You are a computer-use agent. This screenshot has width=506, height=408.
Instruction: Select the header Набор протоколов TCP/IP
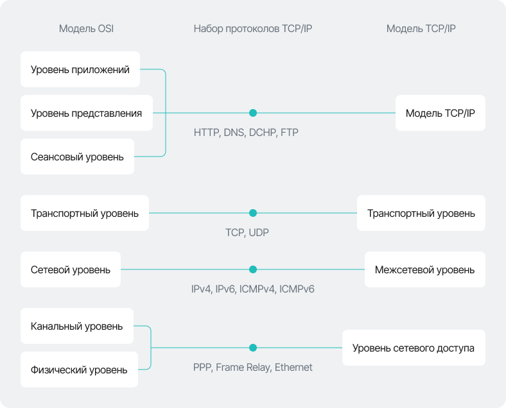pos(252,29)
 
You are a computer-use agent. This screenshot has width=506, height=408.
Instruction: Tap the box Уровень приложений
pos(80,69)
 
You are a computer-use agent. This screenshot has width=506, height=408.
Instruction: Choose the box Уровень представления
pos(87,113)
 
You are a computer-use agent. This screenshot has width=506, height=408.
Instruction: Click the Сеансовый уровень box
pos(77,157)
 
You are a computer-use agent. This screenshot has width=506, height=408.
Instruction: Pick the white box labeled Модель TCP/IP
pos(441,113)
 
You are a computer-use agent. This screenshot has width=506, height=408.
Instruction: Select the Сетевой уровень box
pos(71,269)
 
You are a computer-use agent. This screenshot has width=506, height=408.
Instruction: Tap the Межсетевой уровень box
pos(425,269)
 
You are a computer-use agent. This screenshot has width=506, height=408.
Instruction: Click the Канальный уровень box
pos(76,326)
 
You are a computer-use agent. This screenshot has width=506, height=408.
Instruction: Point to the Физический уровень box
pos(79,370)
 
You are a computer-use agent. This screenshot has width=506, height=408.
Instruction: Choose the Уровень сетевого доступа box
pos(414,348)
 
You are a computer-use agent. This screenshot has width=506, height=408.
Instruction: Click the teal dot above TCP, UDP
pos(253,213)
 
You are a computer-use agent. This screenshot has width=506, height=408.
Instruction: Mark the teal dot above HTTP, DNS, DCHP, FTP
pos(253,113)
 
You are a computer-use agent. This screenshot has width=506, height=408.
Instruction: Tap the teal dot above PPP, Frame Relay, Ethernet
pos(253,348)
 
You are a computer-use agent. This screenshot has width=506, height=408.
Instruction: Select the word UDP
pos(258,233)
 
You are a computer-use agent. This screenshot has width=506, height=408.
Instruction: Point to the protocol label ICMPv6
pos(297,289)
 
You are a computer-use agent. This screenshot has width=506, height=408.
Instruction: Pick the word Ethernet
pos(293,368)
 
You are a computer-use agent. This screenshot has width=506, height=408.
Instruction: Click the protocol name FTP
pos(290,133)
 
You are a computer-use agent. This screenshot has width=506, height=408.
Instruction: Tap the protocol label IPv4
pos(201,289)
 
